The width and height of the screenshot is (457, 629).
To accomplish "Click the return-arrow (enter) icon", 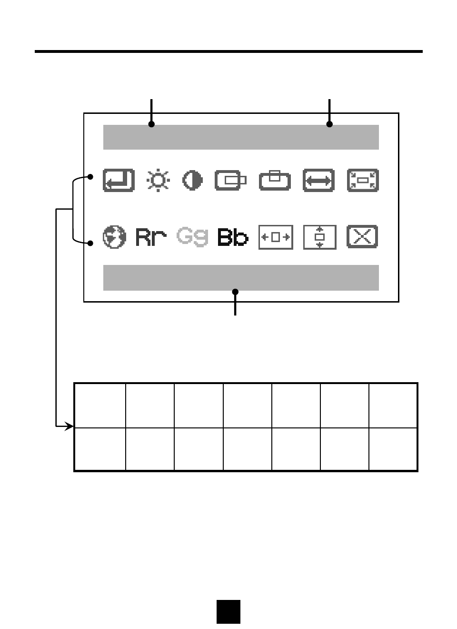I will [x=119, y=181].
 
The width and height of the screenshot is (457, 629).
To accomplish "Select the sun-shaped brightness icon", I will [x=158, y=181].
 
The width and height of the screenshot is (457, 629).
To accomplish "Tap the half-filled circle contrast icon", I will [x=193, y=181].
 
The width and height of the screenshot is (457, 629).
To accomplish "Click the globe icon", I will [x=114, y=237].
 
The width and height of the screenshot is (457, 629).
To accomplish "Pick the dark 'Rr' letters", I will [x=151, y=237].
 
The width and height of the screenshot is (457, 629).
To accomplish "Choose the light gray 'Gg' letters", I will [x=192, y=236].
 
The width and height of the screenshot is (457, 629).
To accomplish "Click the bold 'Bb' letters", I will [x=233, y=237].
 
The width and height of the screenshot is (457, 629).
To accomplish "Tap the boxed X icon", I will [x=362, y=237].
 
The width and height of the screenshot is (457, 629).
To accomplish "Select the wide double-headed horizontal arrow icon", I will [x=318, y=181].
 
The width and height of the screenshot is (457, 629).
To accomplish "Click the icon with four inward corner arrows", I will [x=363, y=181].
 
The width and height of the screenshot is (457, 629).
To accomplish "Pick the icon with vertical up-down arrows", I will [x=319, y=237].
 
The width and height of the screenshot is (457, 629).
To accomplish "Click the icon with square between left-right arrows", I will [x=276, y=237].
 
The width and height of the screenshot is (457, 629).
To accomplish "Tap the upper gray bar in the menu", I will [x=241, y=137].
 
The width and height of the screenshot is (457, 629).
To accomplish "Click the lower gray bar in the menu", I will [x=241, y=277].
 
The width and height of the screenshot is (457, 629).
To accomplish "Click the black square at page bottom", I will [x=228, y=611].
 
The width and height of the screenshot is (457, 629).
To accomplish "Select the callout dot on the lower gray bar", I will [x=235, y=292].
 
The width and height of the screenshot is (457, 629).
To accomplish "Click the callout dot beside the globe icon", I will [x=90, y=243].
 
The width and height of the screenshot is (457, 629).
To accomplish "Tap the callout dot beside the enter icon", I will [x=90, y=177].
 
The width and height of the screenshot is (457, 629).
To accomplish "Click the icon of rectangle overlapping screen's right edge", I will [x=231, y=181].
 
